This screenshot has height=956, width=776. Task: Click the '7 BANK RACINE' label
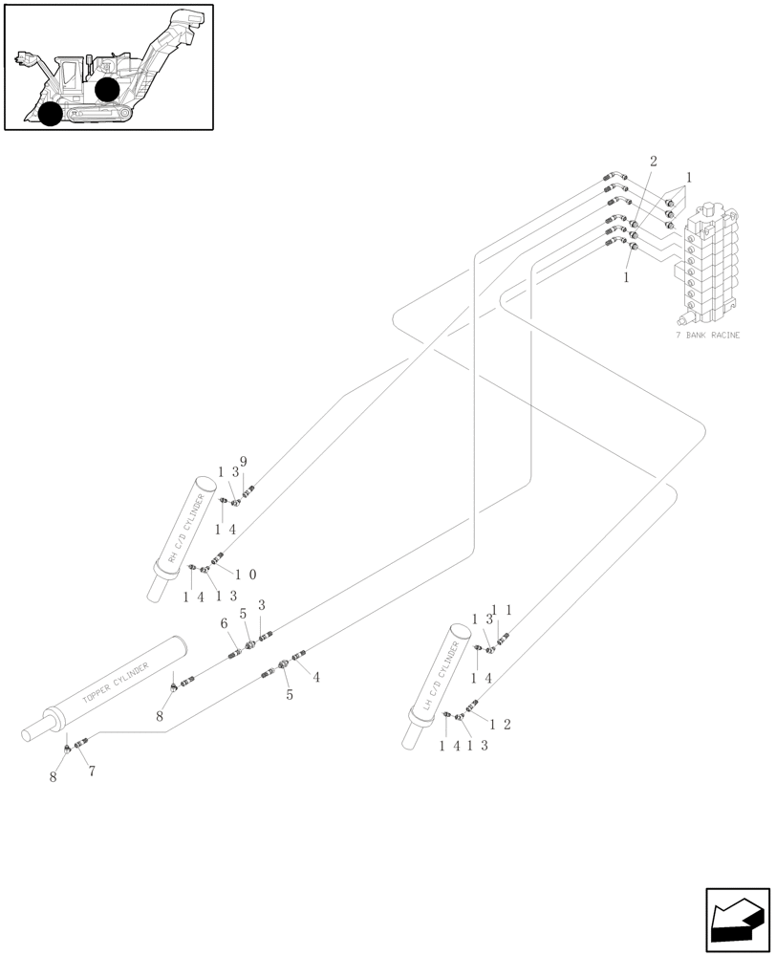[707, 336]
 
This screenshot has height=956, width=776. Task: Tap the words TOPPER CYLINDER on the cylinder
[116, 680]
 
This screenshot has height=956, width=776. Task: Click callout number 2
[653, 162]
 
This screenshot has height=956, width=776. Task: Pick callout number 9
[244, 462]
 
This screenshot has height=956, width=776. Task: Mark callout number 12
[501, 724]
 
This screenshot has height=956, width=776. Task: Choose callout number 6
[225, 623]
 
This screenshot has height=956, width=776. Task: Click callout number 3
[261, 606]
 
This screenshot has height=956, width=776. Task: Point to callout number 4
[315, 677]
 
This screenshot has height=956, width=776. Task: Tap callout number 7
[92, 771]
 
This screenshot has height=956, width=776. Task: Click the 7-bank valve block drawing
[711, 262]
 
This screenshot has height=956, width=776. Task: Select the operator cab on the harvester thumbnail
[72, 76]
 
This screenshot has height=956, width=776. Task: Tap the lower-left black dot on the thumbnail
[51, 115]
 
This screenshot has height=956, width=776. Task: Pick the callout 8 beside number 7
[54, 777]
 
